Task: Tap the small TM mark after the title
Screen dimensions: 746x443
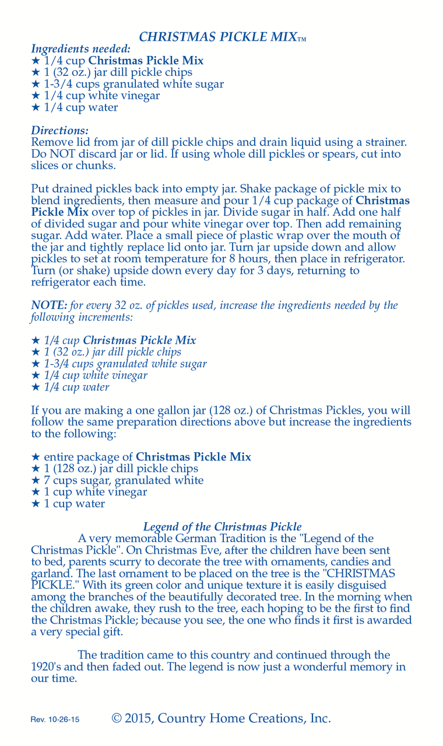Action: (x=302, y=40)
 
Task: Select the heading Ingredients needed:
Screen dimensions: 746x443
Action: (x=80, y=50)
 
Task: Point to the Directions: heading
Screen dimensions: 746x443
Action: (x=59, y=131)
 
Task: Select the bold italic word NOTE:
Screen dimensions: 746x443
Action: (x=49, y=305)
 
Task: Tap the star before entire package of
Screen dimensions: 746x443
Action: (x=35, y=457)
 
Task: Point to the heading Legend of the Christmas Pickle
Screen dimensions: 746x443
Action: (x=222, y=527)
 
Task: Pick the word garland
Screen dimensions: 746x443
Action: (x=48, y=573)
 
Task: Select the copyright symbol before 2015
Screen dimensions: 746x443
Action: (x=117, y=719)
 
